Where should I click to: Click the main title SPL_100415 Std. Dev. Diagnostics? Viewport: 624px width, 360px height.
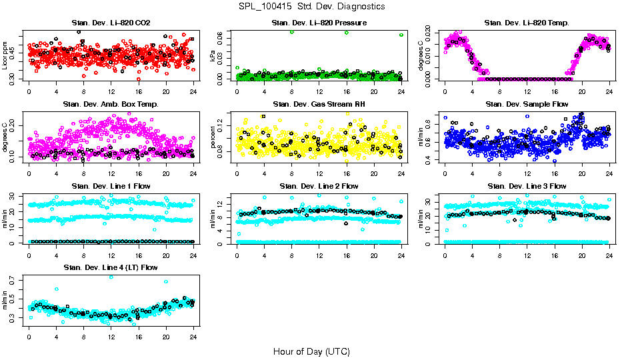coord(311,6)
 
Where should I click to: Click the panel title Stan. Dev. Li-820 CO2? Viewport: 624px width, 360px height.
coord(111,23)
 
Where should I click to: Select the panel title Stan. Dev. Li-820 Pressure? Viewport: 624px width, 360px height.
coord(319,23)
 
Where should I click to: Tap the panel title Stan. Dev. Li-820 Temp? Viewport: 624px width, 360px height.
coord(527,23)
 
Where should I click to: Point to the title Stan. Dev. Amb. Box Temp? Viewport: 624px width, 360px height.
coord(111,104)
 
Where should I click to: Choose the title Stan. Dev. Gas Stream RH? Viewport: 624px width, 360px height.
coord(319,104)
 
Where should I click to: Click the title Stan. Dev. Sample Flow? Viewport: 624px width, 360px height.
coord(527,104)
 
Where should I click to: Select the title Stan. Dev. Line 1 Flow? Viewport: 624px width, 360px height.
coord(111,186)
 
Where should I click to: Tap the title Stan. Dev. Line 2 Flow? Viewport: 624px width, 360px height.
coord(319,186)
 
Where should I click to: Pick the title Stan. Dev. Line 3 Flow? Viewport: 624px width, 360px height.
coord(527,186)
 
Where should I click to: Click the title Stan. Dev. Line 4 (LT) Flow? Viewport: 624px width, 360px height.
coord(111,267)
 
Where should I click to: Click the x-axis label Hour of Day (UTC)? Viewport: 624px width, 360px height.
coord(311,351)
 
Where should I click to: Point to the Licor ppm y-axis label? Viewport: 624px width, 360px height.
coord(5,55)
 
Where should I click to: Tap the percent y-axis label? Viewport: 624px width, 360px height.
coord(213,138)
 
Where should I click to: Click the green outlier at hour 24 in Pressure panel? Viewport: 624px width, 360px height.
coord(401,35)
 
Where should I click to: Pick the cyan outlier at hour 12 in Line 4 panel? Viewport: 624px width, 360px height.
coord(111,277)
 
